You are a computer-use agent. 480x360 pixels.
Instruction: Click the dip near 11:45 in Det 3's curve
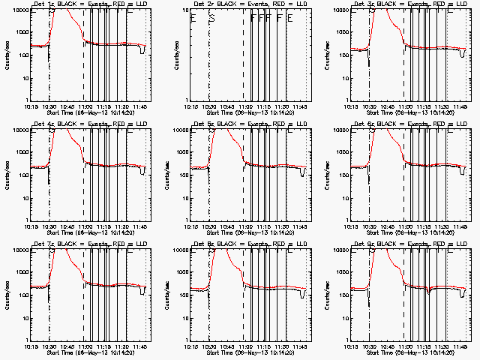(x=462, y=53)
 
